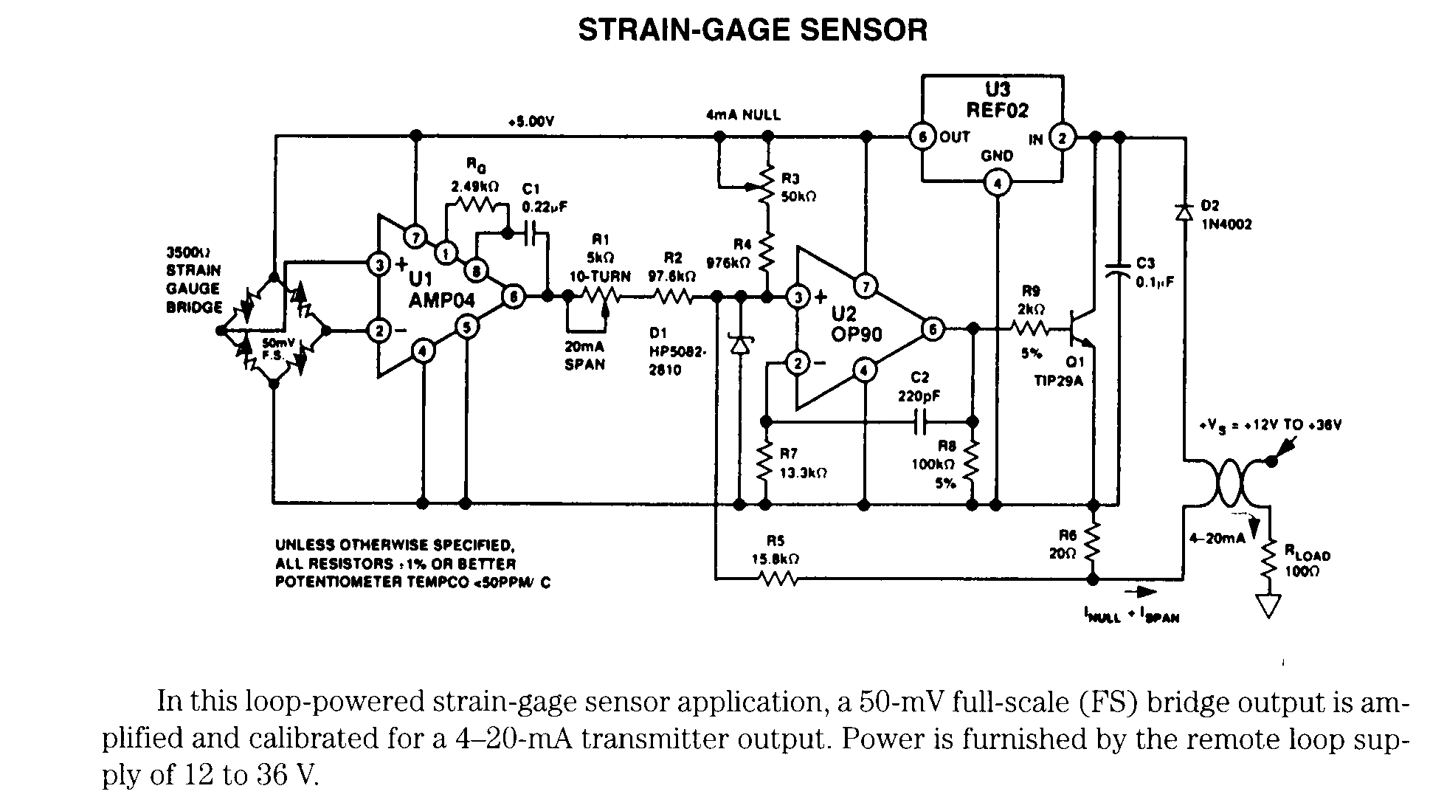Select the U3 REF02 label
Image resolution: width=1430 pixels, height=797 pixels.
pos(997,100)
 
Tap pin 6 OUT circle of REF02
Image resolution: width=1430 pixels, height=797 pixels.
pos(922,137)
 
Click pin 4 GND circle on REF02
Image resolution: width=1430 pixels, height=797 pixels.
pos(997,184)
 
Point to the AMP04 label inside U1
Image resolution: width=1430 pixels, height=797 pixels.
pos(442,300)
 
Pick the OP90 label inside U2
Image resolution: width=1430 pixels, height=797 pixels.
pos(857,334)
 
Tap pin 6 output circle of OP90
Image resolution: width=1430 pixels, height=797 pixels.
pos(933,329)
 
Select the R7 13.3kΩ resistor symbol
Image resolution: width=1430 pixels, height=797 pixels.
pos(766,463)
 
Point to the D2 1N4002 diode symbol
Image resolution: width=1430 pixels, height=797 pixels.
pos(1184,213)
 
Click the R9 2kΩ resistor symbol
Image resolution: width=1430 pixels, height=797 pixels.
pos(1030,328)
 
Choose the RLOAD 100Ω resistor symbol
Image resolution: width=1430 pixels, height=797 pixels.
pos(1269,563)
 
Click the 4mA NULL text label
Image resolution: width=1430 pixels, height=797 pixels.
pos(743,115)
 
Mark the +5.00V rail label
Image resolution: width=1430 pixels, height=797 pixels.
pos(531,122)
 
